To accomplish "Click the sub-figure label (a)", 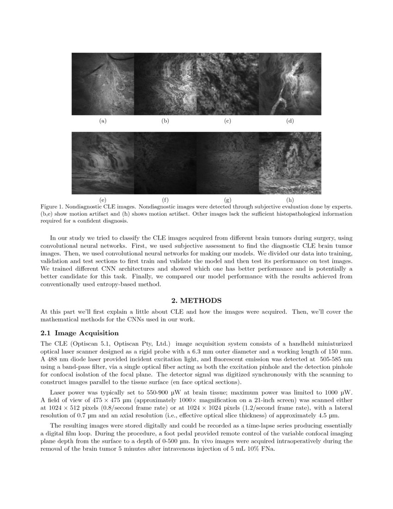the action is click(103, 121).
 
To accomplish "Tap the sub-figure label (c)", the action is click(227, 121).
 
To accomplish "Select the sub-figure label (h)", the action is click(290, 200).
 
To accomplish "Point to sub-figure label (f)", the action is click(165, 200).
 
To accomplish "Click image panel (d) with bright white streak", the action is click(290, 84).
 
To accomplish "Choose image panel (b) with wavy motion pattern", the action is click(165, 84).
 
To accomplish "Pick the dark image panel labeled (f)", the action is click(165, 163).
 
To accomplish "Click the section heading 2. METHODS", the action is click(196, 301).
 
